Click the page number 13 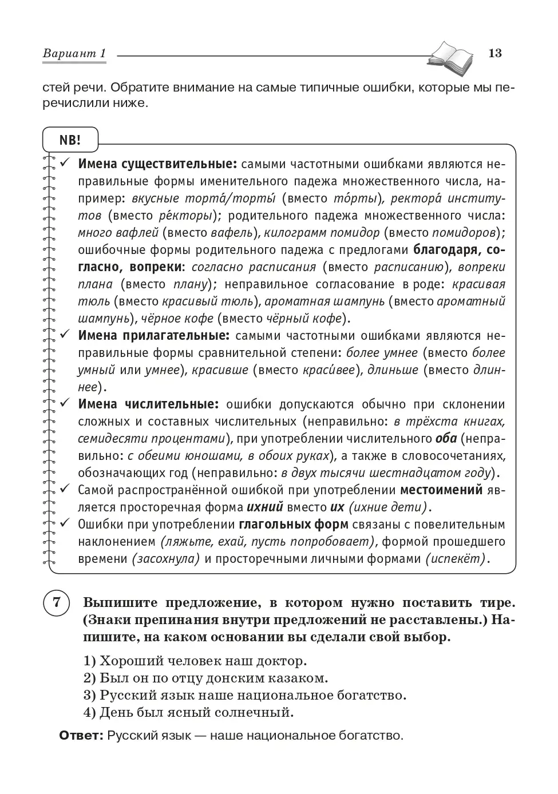point(495,53)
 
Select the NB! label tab point(70,140)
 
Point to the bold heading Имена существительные point(157,164)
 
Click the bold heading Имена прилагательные point(153,336)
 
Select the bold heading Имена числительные point(148,404)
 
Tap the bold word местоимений point(441,490)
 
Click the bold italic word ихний point(265,507)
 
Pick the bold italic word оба point(446,439)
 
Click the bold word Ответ point(81,736)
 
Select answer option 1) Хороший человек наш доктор point(195,661)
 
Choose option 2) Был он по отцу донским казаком point(206,678)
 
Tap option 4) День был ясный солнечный point(188,713)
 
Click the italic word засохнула point(165,559)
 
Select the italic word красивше point(220,370)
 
